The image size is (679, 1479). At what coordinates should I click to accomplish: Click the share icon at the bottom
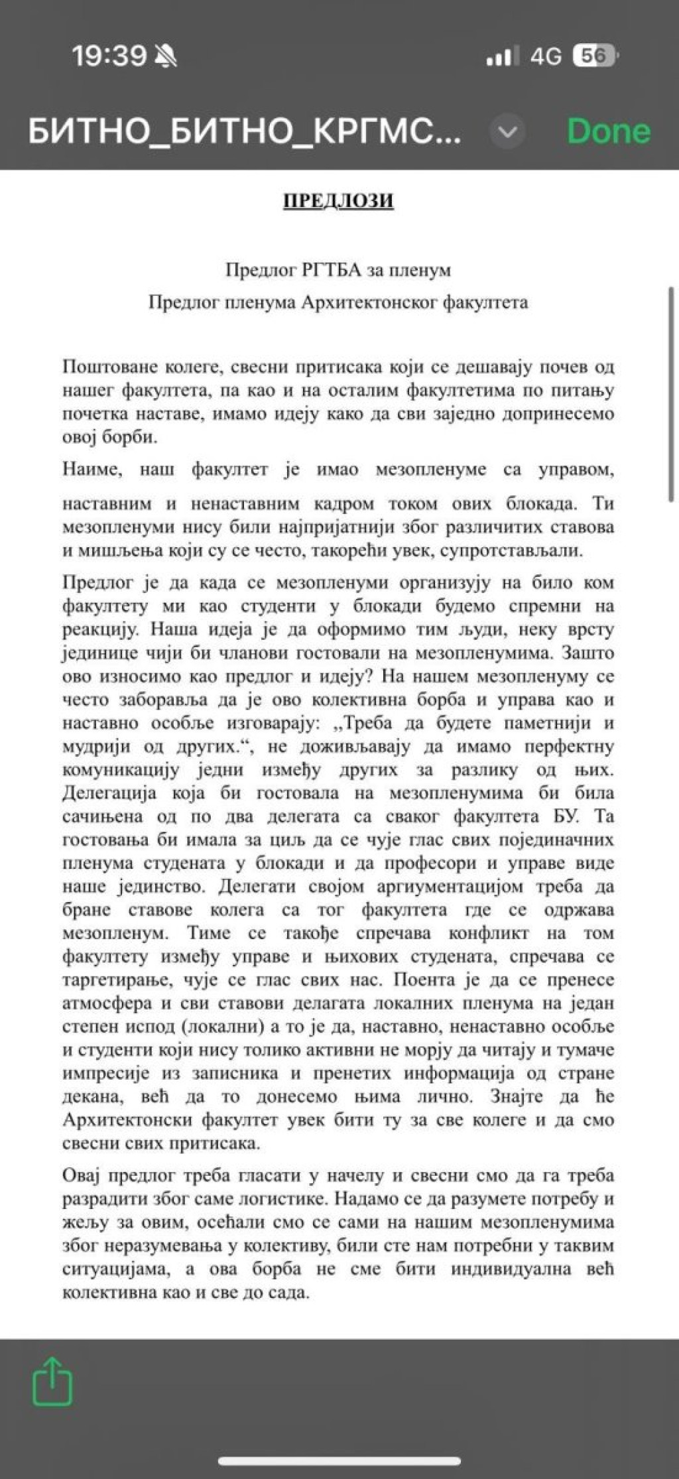tap(52, 1382)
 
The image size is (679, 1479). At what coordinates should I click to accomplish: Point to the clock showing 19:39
tap(109, 56)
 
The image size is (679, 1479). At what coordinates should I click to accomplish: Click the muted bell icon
tap(166, 58)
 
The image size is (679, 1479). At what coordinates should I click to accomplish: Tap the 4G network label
tap(545, 57)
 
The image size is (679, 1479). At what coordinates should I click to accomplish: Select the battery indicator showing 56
tap(595, 56)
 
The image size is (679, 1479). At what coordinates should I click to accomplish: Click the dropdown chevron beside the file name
tap(507, 132)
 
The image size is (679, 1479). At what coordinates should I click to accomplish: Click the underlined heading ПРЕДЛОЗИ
tap(338, 200)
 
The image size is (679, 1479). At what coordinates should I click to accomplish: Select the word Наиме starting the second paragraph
tap(92, 470)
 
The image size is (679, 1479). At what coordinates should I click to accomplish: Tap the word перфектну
tap(568, 747)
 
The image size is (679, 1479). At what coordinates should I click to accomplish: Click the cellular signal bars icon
tap(499, 58)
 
